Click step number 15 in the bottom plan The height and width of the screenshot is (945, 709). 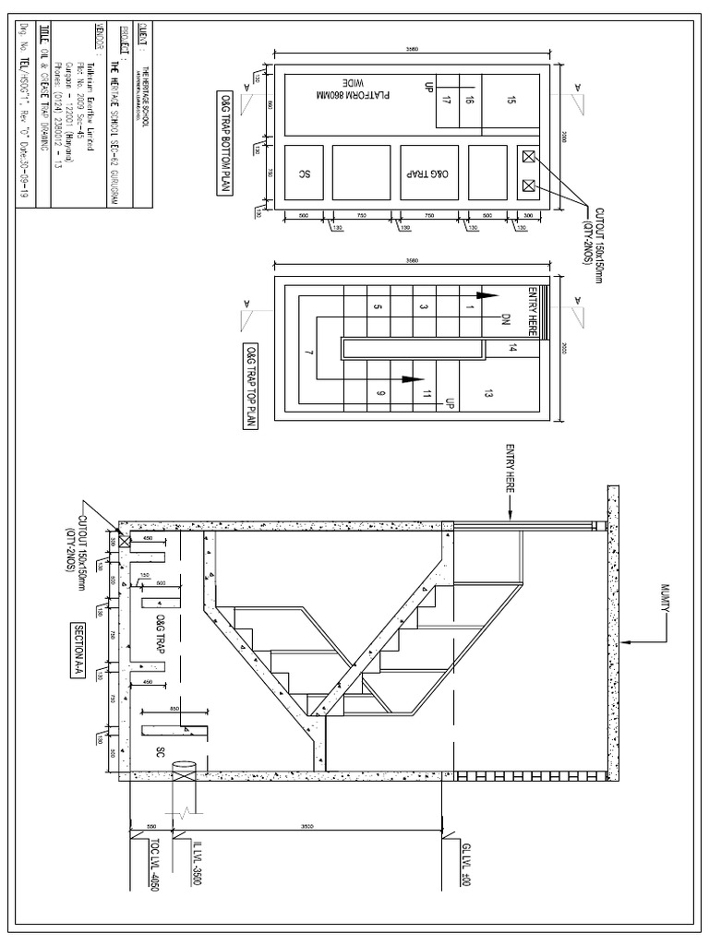pos(512,101)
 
